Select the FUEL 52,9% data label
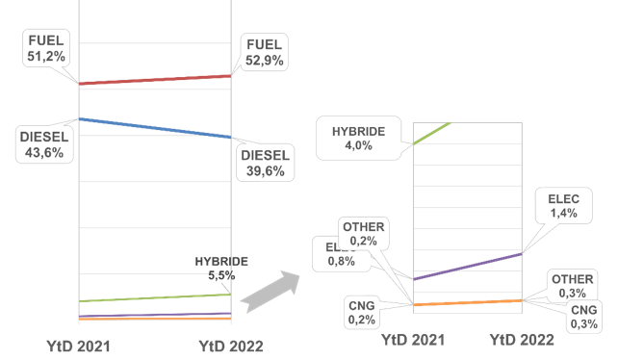(x=264, y=51)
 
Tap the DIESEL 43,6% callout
(x=40, y=144)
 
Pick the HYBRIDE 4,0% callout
(x=358, y=139)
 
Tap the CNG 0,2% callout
(x=363, y=312)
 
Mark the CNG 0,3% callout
(x=583, y=317)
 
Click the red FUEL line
(x=154, y=80)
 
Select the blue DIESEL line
(x=154, y=128)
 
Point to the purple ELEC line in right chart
(x=467, y=267)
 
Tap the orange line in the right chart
(x=467, y=302)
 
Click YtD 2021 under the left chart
(x=80, y=346)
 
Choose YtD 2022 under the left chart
(x=230, y=346)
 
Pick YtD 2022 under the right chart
(x=522, y=340)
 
